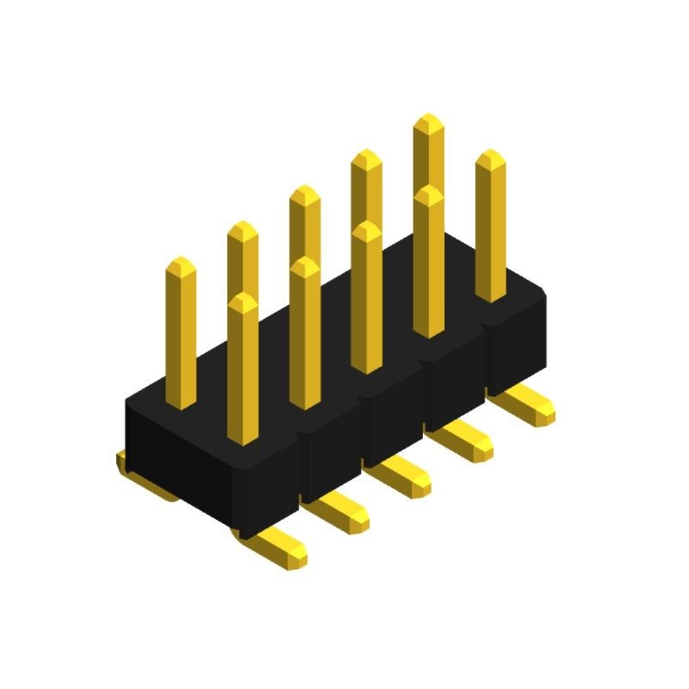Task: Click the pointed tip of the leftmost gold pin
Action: [x=180, y=261]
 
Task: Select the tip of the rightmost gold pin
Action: [x=490, y=154]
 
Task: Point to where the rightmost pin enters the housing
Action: [x=491, y=297]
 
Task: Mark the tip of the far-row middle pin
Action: [x=304, y=190]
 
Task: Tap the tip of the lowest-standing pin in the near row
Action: [x=243, y=298]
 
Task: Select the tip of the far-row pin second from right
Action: [x=366, y=154]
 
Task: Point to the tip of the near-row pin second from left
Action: [x=305, y=262]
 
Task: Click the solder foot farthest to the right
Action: [x=531, y=406]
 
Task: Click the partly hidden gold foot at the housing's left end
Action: [x=123, y=462]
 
